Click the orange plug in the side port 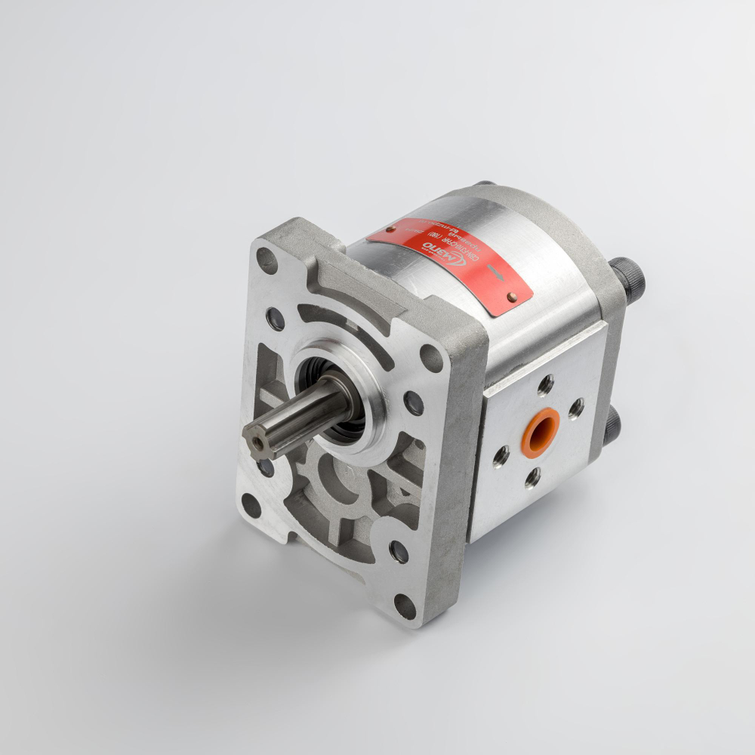tap(541, 432)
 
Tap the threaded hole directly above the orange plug tap(545, 385)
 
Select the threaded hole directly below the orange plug tap(532, 477)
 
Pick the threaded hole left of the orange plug tap(500, 455)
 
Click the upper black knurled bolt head tap(628, 277)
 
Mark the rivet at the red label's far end tap(391, 228)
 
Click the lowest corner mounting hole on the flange tap(405, 604)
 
